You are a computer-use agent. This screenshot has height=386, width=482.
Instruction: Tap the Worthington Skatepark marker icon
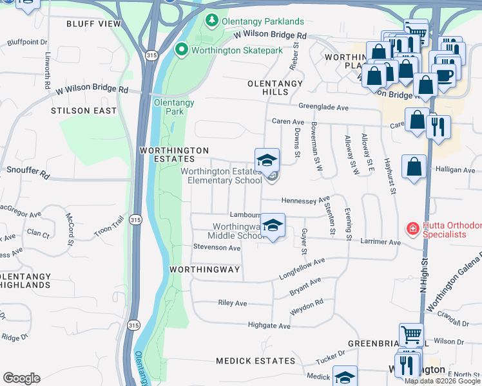click(x=182, y=50)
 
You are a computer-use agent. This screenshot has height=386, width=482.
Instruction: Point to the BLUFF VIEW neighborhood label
click(x=93, y=24)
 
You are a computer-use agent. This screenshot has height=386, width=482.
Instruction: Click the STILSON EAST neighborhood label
click(x=84, y=111)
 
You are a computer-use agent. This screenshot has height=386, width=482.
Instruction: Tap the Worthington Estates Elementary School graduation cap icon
click(x=267, y=161)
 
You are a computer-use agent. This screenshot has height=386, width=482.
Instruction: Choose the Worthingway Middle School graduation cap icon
click(x=273, y=226)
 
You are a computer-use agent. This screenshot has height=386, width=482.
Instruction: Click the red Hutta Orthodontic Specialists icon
click(x=412, y=228)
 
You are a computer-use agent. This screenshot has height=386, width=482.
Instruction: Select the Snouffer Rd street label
click(x=28, y=174)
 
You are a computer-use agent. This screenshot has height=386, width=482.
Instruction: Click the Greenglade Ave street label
click(x=323, y=107)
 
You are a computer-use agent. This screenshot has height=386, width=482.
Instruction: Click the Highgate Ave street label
click(x=269, y=326)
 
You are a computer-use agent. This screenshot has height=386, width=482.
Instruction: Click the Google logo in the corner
click(x=21, y=378)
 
